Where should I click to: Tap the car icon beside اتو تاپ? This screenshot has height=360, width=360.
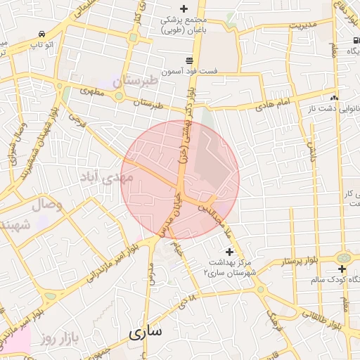43,34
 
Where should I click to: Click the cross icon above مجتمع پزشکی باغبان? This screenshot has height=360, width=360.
184,9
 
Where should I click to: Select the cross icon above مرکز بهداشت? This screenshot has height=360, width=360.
229,251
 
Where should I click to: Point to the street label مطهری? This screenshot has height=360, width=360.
92,92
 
